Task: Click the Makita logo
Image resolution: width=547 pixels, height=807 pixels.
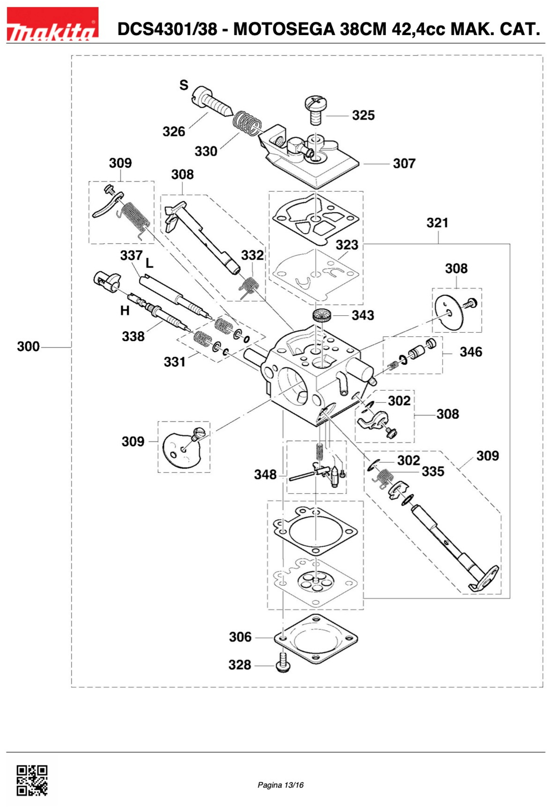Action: click(x=52, y=24)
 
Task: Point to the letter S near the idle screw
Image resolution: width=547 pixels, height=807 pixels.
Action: click(x=184, y=85)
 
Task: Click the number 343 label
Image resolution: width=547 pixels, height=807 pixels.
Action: click(x=363, y=315)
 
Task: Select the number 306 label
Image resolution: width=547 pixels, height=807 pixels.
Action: click(x=240, y=637)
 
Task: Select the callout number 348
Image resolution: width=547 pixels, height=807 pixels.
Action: click(x=265, y=474)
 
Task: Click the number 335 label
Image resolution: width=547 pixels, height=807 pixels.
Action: click(x=433, y=472)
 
